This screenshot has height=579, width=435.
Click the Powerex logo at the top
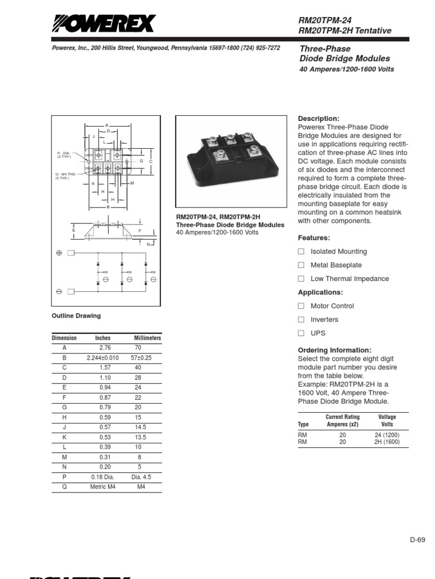coord(103,24)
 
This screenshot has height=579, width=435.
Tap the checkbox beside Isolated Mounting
coord(301,251)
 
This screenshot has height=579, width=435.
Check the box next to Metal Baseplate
coord(301,265)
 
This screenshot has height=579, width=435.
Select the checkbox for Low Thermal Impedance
coord(301,278)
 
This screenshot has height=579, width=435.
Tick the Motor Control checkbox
coord(301,306)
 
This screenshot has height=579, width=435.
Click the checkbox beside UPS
coord(301,333)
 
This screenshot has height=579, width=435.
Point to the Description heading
coord(318,119)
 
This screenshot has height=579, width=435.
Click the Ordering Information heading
coord(334,350)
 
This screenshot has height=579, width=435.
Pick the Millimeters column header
coord(147,338)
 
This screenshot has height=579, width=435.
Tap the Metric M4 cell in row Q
coord(103,486)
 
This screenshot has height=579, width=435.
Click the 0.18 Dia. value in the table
coord(103,476)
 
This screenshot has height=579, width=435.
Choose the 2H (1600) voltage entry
coord(387,442)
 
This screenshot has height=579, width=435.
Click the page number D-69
coord(417,539)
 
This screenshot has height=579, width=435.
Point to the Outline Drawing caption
coord(76,316)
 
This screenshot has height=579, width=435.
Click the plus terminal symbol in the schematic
coord(59,253)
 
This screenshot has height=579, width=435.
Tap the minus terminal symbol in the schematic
coord(59,292)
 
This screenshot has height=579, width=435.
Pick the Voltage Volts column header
coord(387,420)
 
